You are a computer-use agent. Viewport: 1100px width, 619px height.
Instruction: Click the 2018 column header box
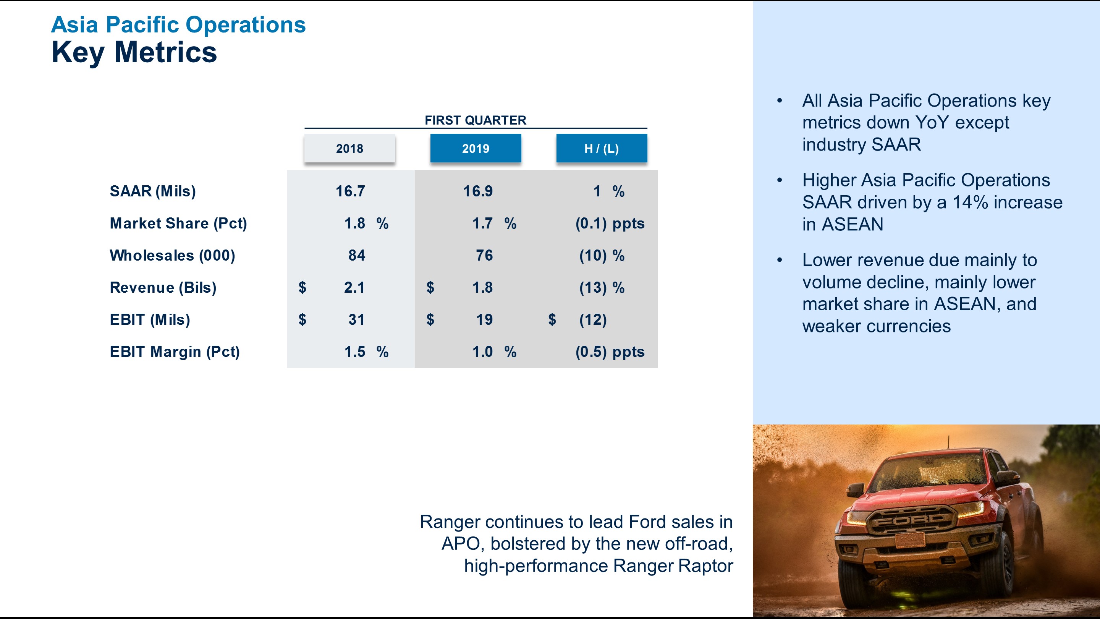tap(349, 148)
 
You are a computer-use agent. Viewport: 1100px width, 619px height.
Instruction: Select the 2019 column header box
tap(475, 148)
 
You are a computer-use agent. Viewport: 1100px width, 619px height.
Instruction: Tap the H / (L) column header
tap(601, 148)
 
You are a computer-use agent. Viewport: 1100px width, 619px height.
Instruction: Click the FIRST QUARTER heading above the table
tap(475, 120)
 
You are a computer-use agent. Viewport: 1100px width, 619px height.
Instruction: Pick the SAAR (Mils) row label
tap(152, 191)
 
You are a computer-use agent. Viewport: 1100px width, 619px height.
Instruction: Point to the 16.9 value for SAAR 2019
tap(478, 191)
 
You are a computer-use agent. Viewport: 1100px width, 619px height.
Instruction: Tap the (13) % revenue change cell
tap(601, 287)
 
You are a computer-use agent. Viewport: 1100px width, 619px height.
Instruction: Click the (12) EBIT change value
tap(593, 319)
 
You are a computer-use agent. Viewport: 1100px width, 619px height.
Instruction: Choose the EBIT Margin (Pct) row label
tap(175, 352)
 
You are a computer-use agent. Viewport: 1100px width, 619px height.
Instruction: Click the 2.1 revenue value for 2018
tap(354, 287)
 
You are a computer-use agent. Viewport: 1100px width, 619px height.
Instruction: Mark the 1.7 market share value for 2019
tap(482, 223)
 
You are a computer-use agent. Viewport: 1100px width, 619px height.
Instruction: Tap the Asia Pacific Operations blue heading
tap(178, 24)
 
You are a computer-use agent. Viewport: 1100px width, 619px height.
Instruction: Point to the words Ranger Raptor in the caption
tap(673, 566)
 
